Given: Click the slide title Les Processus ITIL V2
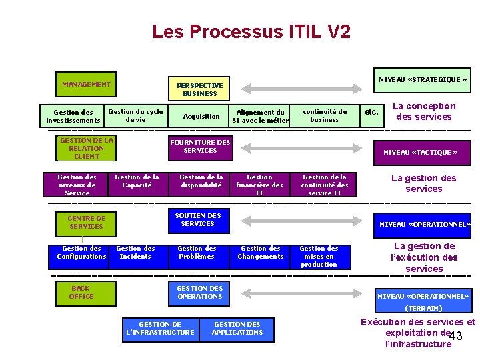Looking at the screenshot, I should click(251, 31).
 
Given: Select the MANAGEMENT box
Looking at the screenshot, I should click(86, 85).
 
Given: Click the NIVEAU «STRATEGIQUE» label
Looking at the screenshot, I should click(423, 80).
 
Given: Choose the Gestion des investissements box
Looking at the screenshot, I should click(73, 117).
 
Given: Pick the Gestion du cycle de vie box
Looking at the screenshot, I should click(135, 115).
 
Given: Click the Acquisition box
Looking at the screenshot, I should click(201, 116).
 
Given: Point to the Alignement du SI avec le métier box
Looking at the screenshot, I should click(260, 117).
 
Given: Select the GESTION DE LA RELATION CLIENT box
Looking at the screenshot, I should click(87, 149).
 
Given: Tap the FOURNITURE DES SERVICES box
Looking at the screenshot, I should click(200, 146).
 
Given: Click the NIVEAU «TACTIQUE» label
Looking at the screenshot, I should click(420, 152).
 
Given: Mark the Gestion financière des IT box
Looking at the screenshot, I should click(259, 185).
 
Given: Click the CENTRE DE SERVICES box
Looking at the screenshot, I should click(87, 222).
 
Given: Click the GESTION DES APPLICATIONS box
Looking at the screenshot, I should click(237, 329).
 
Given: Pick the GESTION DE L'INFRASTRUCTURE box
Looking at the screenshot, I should click(160, 329).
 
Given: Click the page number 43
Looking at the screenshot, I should click(456, 337).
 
